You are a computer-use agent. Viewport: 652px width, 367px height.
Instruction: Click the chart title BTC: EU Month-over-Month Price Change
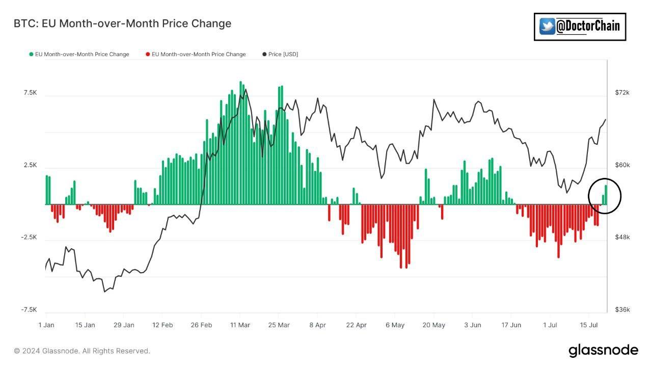tap(122, 23)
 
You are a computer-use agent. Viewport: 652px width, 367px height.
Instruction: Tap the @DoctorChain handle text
tap(588, 26)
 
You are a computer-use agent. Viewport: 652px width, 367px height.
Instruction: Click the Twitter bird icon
tap(547, 27)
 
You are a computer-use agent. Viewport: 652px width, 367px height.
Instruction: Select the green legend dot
tap(32, 54)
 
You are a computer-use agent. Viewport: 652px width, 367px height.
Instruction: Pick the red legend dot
tap(148, 54)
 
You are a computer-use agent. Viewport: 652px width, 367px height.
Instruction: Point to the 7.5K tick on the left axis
tap(30, 93)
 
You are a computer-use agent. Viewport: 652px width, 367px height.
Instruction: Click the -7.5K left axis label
tap(29, 310)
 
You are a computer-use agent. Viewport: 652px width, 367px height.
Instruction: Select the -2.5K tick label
tap(29, 238)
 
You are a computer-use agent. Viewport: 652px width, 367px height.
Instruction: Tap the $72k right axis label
tap(622, 93)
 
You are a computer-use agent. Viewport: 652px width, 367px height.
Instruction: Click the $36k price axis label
tap(622, 310)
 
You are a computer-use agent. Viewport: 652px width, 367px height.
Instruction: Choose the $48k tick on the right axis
tap(622, 238)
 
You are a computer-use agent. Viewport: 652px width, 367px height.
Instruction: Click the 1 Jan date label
tap(46, 325)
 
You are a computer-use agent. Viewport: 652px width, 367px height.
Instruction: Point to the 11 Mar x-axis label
tap(240, 325)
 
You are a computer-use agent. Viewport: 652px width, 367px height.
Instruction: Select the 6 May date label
tap(395, 325)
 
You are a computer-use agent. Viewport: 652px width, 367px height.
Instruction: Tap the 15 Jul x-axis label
tap(589, 325)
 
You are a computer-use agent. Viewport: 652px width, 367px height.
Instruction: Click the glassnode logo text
tap(603, 350)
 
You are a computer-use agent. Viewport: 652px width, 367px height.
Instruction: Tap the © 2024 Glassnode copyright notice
tap(82, 351)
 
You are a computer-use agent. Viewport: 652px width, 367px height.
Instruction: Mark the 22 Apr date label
tap(356, 325)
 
